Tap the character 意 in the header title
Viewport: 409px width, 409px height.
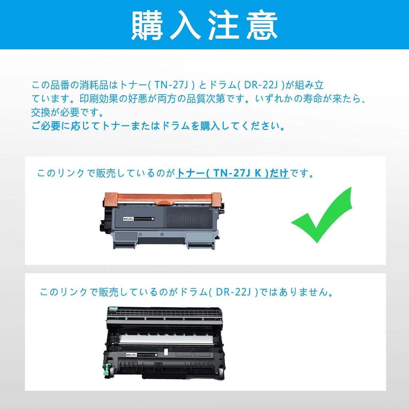click(x=263, y=25)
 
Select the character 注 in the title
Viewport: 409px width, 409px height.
click(x=225, y=25)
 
